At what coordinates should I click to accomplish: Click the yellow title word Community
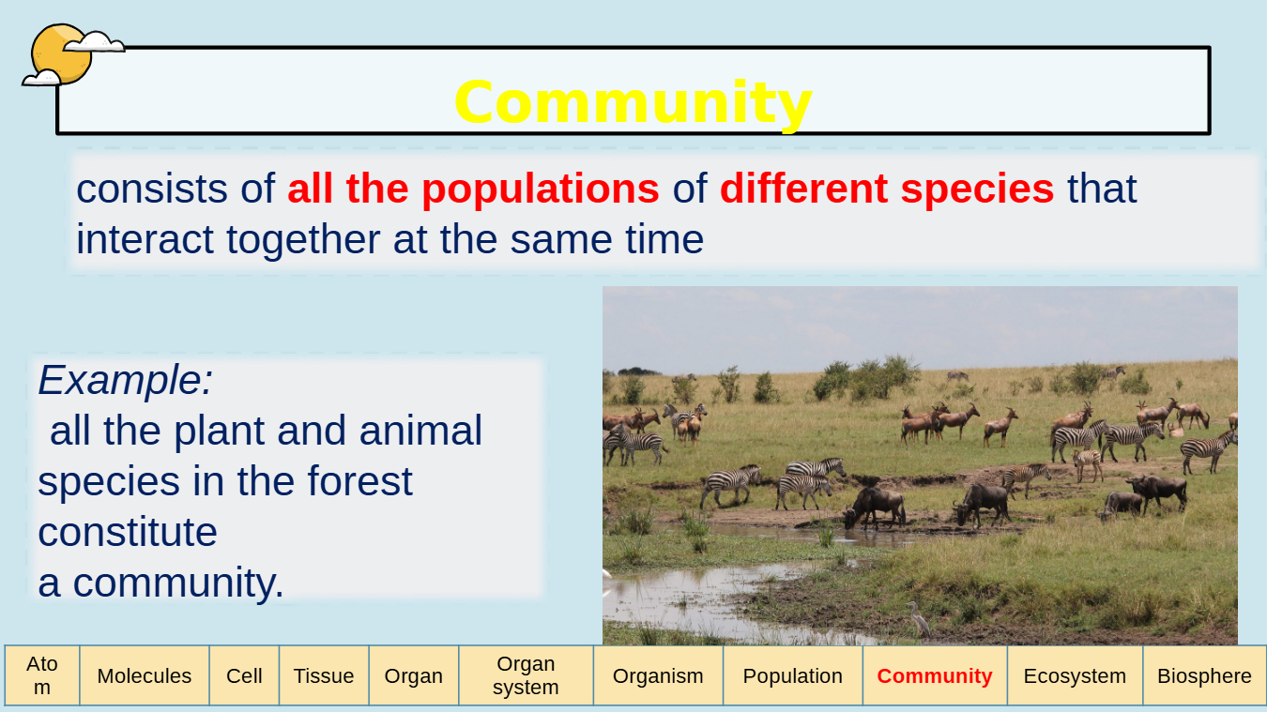pyautogui.click(x=633, y=103)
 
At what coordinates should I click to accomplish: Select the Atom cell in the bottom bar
pyautogui.click(x=42, y=675)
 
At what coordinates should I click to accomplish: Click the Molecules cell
pyautogui.click(x=145, y=675)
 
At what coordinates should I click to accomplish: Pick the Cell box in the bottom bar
pyautogui.click(x=244, y=675)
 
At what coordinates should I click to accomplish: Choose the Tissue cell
pyautogui.click(x=324, y=675)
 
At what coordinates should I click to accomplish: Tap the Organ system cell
pyautogui.click(x=526, y=675)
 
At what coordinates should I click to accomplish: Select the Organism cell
pyautogui.click(x=658, y=675)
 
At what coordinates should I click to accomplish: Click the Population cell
pyautogui.click(x=792, y=675)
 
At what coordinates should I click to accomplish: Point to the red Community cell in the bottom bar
pyautogui.click(x=935, y=675)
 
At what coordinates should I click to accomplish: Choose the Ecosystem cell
pyautogui.click(x=1075, y=675)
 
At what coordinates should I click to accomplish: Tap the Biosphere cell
pyautogui.click(x=1204, y=675)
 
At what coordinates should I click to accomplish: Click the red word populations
pyautogui.click(x=541, y=190)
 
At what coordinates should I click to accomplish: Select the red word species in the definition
pyautogui.click(x=977, y=190)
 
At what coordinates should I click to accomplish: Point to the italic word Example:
pyautogui.click(x=125, y=380)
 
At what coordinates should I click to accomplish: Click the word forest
pyautogui.click(x=359, y=481)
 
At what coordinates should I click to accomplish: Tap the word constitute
pyautogui.click(x=128, y=532)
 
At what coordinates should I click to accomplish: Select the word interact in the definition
pyautogui.click(x=145, y=239)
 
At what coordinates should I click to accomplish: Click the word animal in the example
pyautogui.click(x=420, y=431)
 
